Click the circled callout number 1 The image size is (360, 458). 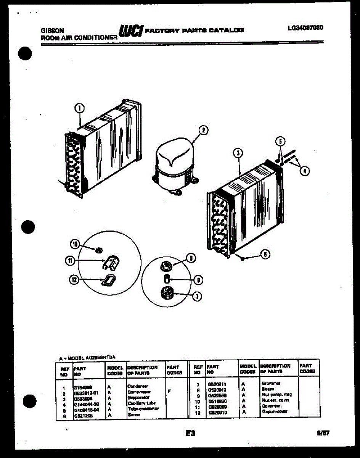pos(79,108)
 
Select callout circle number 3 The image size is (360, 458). pos(238,153)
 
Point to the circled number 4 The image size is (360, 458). pos(304,171)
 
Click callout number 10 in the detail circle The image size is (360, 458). pos(75,244)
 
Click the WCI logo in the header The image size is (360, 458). pos(131,31)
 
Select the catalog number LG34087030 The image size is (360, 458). pos(306,28)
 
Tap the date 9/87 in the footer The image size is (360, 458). pos(323,433)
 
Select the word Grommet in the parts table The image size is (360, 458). pos(271,383)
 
